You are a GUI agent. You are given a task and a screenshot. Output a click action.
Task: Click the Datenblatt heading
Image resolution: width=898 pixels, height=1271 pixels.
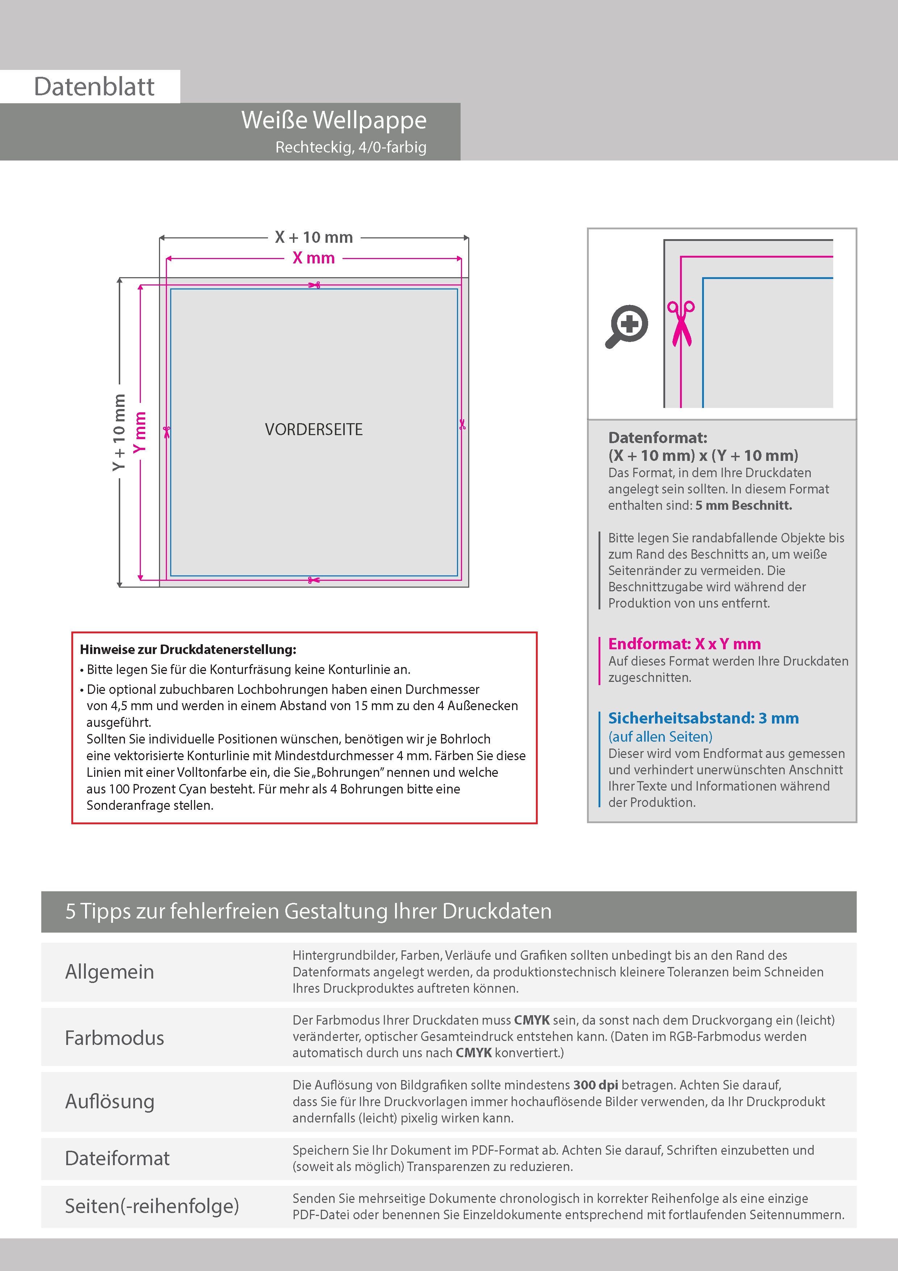(94, 87)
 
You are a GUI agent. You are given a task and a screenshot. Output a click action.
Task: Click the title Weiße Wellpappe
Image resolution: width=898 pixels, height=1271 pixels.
(333, 120)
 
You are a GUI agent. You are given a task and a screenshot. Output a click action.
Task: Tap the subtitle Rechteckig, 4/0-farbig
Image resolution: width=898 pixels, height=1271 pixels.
(351, 147)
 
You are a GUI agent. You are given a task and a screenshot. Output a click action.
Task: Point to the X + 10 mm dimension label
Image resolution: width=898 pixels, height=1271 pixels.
(314, 237)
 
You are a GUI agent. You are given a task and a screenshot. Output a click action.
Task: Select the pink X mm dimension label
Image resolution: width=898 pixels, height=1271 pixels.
(314, 258)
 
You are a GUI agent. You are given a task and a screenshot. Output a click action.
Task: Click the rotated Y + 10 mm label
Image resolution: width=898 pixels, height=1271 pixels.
(119, 432)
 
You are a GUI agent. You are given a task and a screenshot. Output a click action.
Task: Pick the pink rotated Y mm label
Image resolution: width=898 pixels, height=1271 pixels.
(140, 432)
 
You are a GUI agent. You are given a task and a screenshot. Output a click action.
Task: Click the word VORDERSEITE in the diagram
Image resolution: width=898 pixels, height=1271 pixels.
(314, 430)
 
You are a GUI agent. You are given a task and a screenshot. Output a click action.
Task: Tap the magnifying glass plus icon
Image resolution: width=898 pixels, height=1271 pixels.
(628, 325)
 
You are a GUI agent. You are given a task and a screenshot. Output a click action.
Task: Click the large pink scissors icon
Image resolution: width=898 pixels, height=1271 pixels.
(681, 324)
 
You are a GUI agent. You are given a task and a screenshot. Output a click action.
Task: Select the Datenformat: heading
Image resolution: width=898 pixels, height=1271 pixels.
(657, 438)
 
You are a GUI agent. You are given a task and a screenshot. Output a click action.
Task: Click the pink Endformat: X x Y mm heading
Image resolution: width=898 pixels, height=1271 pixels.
(684, 644)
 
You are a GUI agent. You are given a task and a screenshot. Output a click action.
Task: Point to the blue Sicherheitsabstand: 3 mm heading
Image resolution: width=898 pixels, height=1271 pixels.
(703, 718)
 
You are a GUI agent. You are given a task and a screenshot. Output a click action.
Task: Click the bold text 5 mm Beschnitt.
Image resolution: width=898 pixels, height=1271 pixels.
(744, 505)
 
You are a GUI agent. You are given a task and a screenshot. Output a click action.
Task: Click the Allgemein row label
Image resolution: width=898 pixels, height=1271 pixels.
(110, 971)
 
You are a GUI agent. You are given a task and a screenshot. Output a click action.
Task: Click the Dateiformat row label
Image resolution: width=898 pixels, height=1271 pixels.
(117, 1158)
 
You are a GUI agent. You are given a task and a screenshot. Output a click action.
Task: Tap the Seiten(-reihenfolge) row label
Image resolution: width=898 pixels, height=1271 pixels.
(152, 1206)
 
